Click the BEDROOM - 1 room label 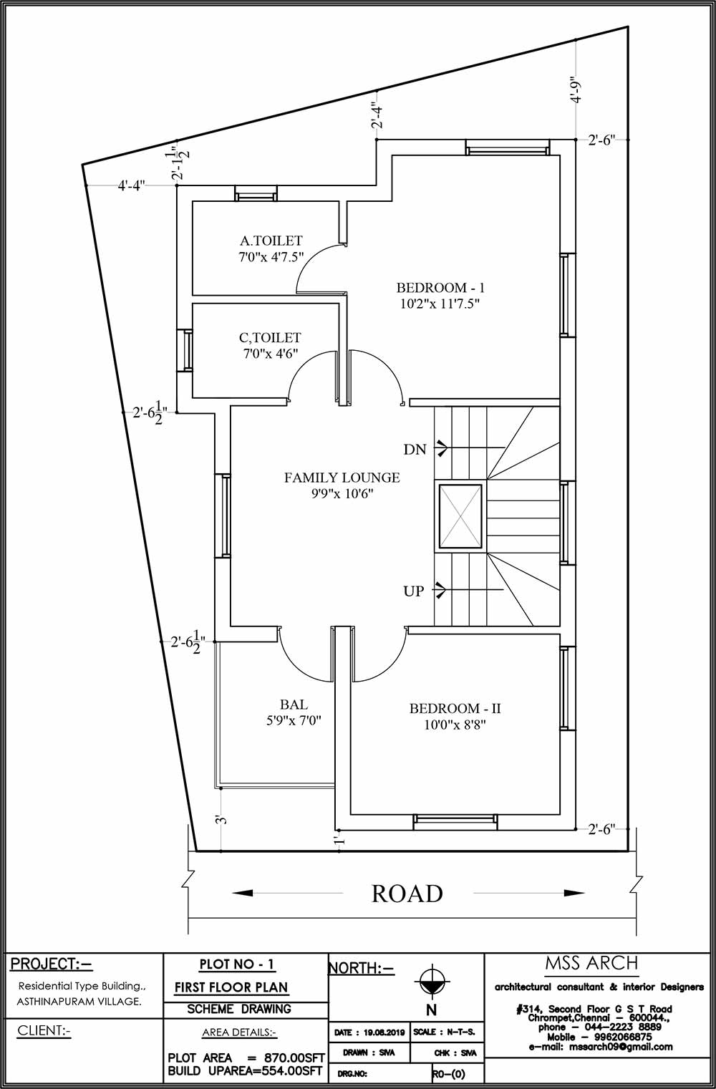440,288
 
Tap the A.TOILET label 271,241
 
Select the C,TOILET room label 270,337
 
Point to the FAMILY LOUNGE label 342,478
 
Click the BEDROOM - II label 455,708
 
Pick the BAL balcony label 294,705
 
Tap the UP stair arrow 440,590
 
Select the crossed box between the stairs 460,518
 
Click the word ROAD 407,894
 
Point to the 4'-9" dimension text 576,89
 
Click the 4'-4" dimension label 131,185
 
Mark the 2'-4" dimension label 377,115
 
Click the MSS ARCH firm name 591,962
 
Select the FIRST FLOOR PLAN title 231,987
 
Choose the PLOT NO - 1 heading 237,964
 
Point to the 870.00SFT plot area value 294,1058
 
